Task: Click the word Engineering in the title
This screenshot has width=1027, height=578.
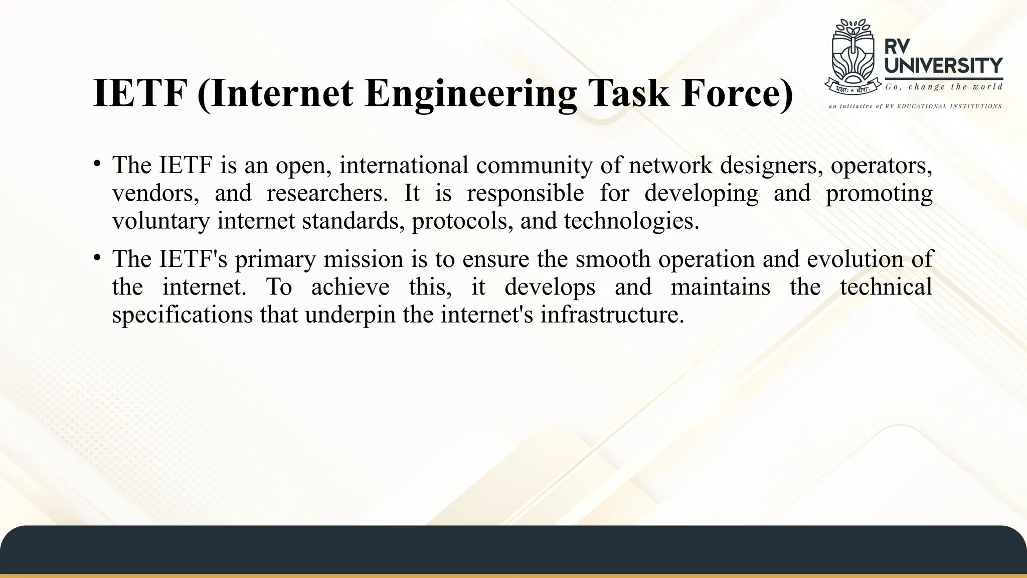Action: [x=471, y=93]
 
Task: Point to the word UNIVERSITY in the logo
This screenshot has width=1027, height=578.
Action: [x=944, y=65]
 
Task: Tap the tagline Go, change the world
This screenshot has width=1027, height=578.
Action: [x=944, y=87]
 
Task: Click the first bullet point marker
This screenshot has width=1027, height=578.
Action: [x=97, y=163]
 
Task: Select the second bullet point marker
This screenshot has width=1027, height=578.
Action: [x=97, y=257]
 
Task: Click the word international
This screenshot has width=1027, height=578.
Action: [x=404, y=165]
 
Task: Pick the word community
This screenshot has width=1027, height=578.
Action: [x=534, y=165]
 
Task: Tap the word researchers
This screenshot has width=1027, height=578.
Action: [x=327, y=193]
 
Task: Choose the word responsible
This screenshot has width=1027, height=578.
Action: [x=526, y=193]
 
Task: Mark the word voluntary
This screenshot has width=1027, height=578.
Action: [x=160, y=221]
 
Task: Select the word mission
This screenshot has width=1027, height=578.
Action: [x=364, y=259]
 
